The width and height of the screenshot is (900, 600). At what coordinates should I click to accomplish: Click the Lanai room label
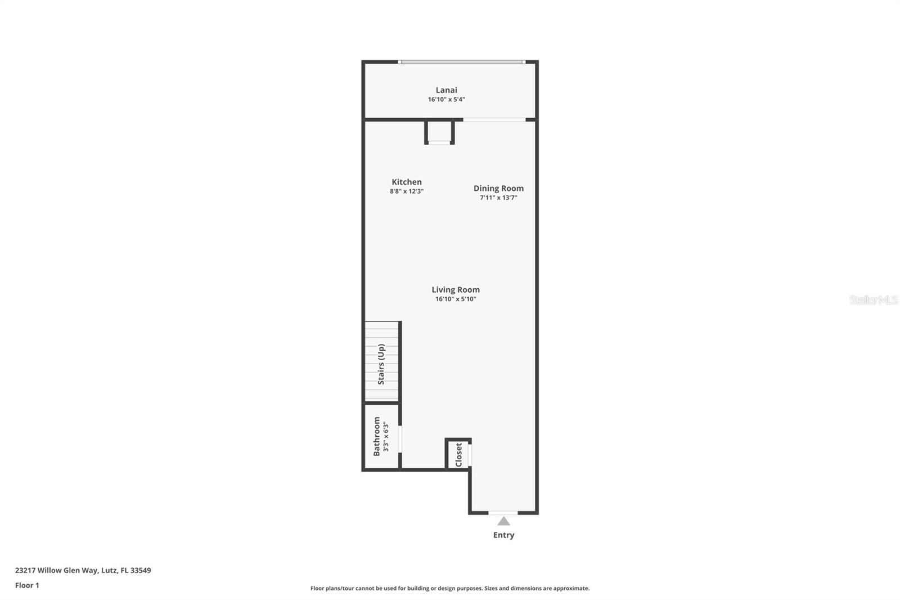coord(446,90)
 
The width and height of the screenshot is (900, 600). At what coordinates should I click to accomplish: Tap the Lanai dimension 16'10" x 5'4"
coord(446,100)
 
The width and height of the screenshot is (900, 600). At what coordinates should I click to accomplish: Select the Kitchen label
coord(406,182)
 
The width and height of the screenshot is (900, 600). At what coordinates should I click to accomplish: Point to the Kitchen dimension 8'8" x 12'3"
coord(406,191)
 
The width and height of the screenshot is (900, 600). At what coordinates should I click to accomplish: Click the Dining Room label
coord(498,188)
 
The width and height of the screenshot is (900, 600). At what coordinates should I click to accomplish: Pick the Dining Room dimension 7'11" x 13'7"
coord(498,198)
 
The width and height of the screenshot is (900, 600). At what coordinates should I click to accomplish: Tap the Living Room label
coord(456,289)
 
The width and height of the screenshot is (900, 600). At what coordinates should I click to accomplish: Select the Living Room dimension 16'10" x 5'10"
coord(456,299)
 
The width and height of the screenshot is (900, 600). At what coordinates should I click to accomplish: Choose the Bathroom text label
coord(377,436)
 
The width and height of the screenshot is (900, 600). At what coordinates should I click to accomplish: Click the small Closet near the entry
coord(458,454)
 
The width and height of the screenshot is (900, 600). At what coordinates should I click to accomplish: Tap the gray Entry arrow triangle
coord(503,521)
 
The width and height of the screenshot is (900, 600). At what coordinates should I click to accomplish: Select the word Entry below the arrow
coord(503,535)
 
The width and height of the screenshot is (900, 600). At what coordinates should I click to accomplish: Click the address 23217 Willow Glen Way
coord(83,570)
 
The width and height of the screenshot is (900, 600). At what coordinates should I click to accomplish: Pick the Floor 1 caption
coord(27,585)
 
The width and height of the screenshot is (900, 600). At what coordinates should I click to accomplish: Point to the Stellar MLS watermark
coord(873,300)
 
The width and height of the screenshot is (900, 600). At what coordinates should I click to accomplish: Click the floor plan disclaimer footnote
coord(450,588)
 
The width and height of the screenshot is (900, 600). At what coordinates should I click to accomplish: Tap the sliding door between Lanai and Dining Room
coord(494,119)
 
